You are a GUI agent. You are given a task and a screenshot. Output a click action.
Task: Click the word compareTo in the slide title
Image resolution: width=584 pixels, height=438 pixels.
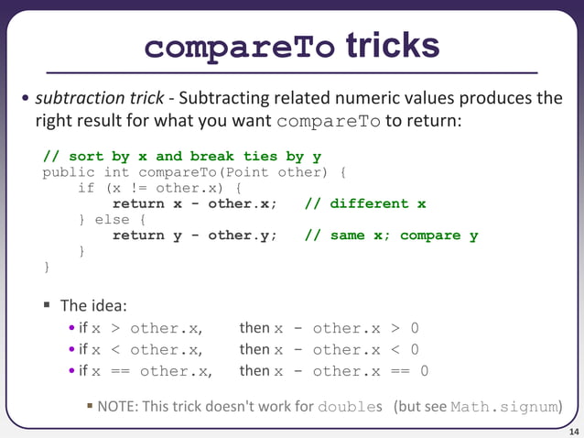tap(240, 47)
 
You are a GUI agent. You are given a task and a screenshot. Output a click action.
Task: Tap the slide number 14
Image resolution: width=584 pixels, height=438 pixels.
tap(573, 430)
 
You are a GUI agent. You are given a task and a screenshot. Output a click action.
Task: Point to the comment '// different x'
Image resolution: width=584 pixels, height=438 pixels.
tap(365, 203)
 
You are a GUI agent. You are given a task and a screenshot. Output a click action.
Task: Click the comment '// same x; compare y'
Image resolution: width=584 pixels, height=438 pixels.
tap(391, 235)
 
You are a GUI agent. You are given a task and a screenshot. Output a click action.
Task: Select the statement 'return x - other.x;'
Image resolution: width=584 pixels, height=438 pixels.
tap(195, 203)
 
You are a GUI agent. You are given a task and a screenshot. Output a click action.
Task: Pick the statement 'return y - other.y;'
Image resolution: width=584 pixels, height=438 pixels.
tap(195, 235)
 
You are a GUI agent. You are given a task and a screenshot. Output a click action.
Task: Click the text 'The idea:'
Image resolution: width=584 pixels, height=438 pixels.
tap(93, 305)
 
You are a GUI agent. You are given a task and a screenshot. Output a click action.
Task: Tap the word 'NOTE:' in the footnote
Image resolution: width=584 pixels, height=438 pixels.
tap(117, 406)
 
